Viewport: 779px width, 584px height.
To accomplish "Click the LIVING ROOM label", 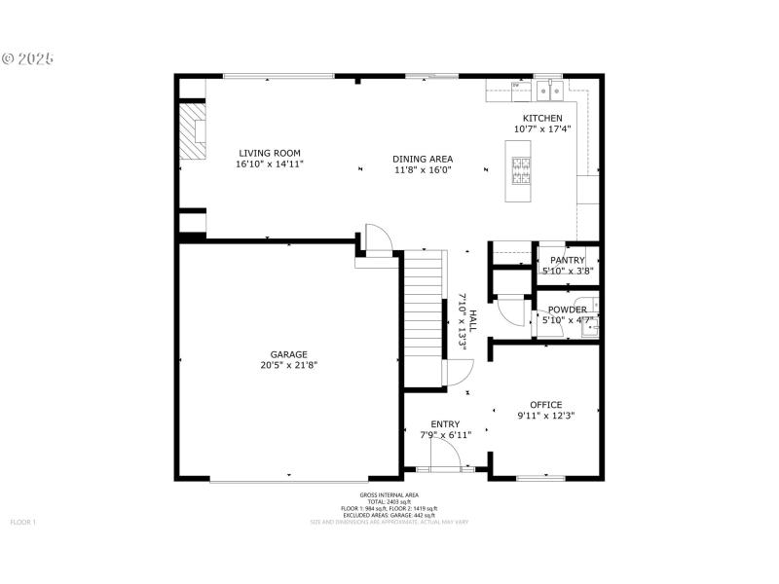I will tap(270, 153).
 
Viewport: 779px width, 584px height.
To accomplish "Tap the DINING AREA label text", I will tap(423, 159).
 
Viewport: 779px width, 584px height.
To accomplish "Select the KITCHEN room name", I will tap(542, 118).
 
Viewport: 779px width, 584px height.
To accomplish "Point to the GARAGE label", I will tap(289, 354).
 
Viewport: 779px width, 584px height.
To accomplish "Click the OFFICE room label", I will tap(545, 405).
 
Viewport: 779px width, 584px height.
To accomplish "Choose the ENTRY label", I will tap(446, 423).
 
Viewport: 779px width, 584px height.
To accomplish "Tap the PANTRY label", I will tap(567, 260).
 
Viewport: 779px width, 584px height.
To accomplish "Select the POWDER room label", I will tap(567, 310).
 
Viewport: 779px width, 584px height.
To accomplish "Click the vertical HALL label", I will tap(473, 321).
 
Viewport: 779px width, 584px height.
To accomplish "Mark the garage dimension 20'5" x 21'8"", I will tap(289, 365).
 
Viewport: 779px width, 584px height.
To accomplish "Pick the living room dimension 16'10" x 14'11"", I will tap(270, 164).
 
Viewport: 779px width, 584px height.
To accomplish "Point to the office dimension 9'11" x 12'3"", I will tap(545, 417).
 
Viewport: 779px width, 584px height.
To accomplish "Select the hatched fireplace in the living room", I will tap(196, 130).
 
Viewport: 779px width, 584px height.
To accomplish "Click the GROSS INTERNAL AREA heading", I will tap(389, 495).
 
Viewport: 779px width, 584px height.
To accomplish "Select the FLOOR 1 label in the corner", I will tap(22, 523).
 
